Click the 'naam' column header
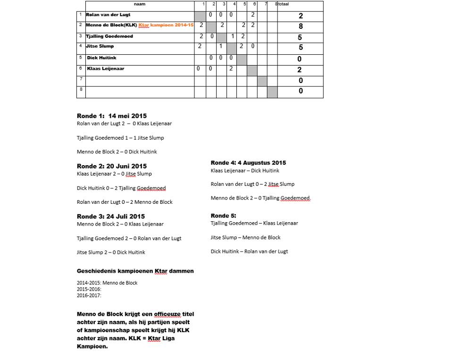click(140, 4)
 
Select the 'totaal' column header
click(283, 4)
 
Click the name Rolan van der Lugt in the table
click(108, 15)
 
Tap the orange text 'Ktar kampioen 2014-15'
click(166, 25)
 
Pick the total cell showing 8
click(301, 26)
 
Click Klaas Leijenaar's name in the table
click(106, 69)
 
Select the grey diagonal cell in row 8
click(272, 92)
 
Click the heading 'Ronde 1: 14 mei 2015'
click(112, 116)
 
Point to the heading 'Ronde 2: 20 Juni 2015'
click(112, 166)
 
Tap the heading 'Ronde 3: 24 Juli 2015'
click(111, 217)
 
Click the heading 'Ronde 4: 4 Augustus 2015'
click(248, 163)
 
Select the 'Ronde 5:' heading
click(223, 216)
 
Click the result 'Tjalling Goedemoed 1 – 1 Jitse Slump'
click(120, 138)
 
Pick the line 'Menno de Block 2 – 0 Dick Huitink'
click(117, 152)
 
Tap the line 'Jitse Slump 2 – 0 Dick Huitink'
click(111, 252)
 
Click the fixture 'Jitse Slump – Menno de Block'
click(245, 237)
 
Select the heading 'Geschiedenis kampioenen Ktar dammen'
click(135, 271)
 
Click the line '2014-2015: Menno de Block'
click(107, 283)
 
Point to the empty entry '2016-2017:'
click(89, 296)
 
